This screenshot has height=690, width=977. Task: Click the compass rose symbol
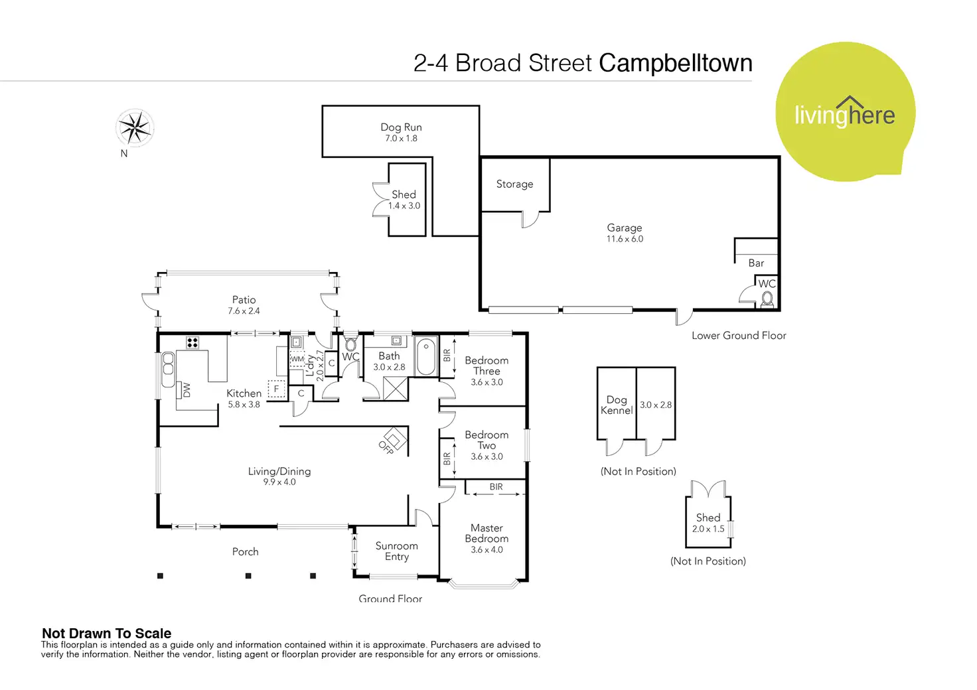[x=135, y=127]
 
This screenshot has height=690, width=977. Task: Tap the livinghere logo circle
[x=845, y=111]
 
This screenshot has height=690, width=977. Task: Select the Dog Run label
[x=401, y=127]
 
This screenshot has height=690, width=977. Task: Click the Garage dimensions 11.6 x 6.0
[x=625, y=239]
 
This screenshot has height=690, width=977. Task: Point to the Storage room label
[x=514, y=184]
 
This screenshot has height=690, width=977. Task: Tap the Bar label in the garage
[x=756, y=263]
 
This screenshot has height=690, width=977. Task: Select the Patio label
[x=244, y=300]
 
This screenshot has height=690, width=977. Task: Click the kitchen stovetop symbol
[x=192, y=343]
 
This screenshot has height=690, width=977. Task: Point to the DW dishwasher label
[x=187, y=389]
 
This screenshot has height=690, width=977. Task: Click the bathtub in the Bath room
[x=426, y=357]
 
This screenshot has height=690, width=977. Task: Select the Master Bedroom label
[x=487, y=533]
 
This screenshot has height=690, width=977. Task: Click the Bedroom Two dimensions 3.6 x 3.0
[x=487, y=456]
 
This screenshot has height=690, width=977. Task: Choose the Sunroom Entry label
[x=396, y=551]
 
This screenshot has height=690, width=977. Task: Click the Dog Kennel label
[x=617, y=405]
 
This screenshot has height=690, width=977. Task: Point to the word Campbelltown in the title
[x=675, y=63]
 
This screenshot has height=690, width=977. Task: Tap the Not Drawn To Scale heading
[x=106, y=633]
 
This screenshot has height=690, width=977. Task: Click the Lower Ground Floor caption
[x=739, y=335]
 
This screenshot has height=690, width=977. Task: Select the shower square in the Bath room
[x=396, y=388]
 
